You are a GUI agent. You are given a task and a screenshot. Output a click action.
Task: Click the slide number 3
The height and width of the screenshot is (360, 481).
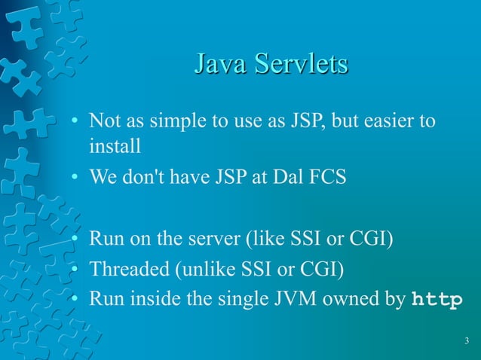[x=467, y=343]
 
